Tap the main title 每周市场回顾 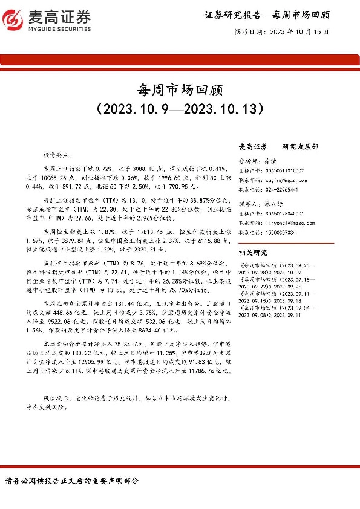(x=180, y=91)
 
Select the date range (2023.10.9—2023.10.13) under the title (x=180, y=109)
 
